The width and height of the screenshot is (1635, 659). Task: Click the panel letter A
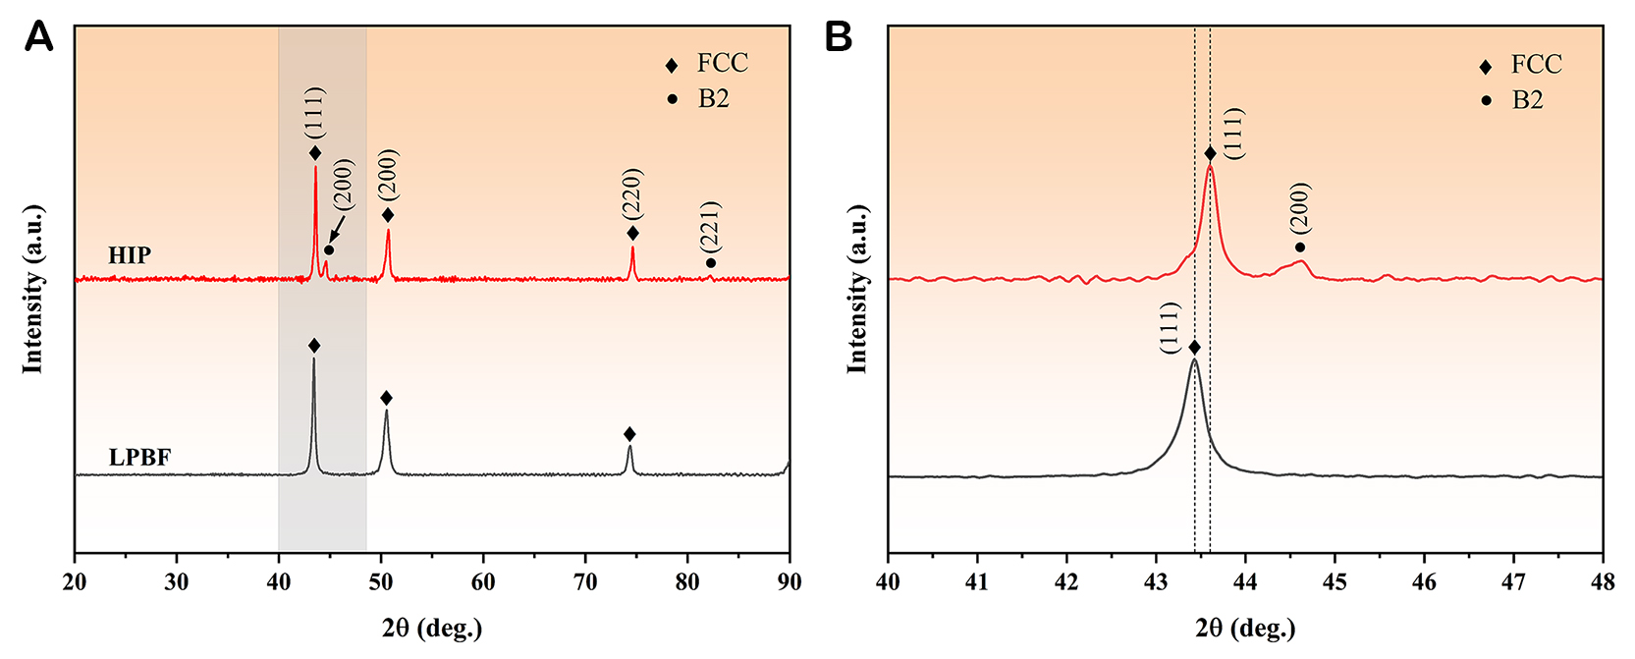38,37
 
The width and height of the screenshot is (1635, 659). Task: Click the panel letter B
839,37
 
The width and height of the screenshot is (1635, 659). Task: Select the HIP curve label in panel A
129,255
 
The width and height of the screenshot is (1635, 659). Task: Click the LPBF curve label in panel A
139,458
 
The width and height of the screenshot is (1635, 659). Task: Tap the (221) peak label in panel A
710,225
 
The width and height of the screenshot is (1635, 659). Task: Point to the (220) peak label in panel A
631,193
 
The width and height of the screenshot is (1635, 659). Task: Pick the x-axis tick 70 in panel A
585,581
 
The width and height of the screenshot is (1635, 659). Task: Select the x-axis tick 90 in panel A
789,581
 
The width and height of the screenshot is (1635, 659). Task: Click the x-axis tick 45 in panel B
1335,581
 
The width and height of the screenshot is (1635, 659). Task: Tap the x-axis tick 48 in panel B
1602,581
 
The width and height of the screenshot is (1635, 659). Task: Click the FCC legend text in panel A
722,64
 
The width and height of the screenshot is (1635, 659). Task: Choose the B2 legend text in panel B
1527,100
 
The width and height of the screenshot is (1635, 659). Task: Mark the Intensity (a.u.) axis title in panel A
33,289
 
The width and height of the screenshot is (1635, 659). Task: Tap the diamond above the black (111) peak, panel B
1194,348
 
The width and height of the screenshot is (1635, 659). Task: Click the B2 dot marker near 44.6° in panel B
1300,247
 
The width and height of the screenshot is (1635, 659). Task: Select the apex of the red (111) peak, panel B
1210,167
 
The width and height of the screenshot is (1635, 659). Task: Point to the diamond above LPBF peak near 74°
629,434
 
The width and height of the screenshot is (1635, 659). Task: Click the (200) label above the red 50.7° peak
388,176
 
